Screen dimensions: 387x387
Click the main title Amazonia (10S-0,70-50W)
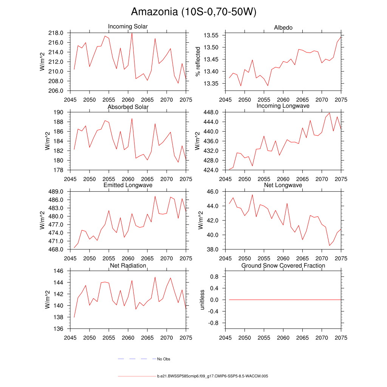pyautogui.click(x=193, y=12)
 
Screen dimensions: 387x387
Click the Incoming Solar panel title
pyautogui.click(x=128, y=26)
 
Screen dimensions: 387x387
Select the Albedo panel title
pyautogui.click(x=283, y=28)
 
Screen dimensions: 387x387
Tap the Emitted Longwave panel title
pyautogui.click(x=128, y=185)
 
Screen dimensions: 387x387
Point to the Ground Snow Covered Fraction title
pyautogui.click(x=283, y=266)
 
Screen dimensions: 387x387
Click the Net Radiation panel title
pyautogui.click(x=128, y=266)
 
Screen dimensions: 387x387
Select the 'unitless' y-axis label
pyautogui.click(x=202, y=300)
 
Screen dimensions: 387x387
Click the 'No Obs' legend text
pyautogui.click(x=164, y=359)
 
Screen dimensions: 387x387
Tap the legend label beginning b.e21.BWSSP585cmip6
pyautogui.click(x=212, y=376)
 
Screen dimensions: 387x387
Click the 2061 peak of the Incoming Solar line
pyautogui.click(x=132, y=33)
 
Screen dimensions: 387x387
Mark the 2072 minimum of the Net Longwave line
pyautogui.click(x=330, y=246)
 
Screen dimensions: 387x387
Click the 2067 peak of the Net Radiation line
pyautogui.click(x=155, y=277)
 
